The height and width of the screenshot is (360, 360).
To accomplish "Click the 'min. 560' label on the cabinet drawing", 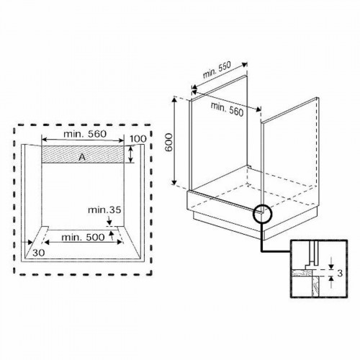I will point(226,108).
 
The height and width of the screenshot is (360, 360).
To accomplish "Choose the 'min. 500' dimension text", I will point(81,236).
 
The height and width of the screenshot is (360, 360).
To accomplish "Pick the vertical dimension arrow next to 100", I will point(131,154).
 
